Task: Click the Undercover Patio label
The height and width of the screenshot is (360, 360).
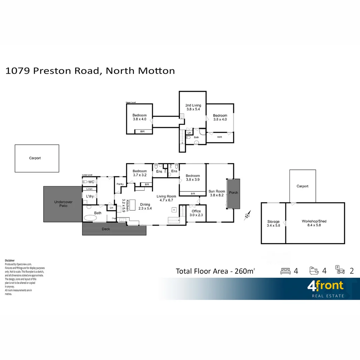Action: (63, 204)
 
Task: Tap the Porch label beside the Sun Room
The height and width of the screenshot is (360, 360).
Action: (234, 193)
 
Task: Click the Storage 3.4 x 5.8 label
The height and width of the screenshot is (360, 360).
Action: (273, 223)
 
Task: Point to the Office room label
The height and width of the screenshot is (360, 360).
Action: (196, 213)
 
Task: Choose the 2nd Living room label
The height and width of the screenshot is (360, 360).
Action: (193, 107)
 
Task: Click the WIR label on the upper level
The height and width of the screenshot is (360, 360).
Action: (219, 137)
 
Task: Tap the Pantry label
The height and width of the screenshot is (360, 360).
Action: (120, 184)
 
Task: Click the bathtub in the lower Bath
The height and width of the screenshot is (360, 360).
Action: (90, 218)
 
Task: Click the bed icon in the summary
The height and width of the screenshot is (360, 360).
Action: (286, 271)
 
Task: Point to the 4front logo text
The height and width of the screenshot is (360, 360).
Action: (325, 286)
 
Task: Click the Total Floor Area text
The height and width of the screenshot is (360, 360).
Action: (215, 271)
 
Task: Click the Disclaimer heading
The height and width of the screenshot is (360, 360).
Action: (10, 260)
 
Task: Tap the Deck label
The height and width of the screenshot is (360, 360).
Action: (106, 229)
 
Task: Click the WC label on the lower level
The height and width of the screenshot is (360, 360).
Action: (91, 182)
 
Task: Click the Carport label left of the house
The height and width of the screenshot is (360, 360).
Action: (35, 158)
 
